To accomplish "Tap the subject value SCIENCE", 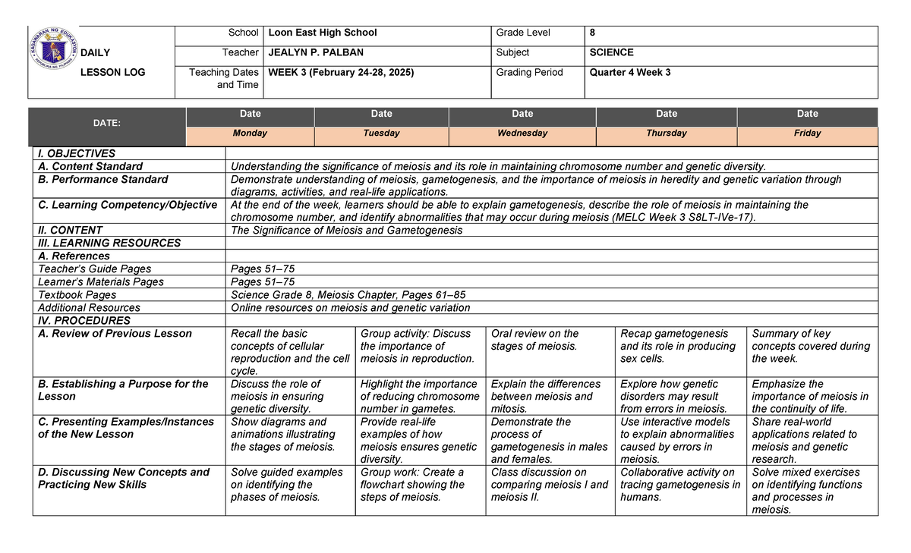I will (x=611, y=52).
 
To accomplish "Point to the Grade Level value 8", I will (x=592, y=33).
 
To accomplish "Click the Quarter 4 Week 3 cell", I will (x=630, y=73).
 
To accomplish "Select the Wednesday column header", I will (x=522, y=134).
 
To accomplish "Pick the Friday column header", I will (x=807, y=134).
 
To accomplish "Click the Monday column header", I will (x=250, y=134).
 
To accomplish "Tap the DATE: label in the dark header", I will (x=107, y=123).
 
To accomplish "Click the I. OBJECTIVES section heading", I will (x=77, y=153).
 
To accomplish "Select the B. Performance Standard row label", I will (x=103, y=180).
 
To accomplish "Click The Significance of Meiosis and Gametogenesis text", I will (x=346, y=231).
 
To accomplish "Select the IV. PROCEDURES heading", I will (x=84, y=321).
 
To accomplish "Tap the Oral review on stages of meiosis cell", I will (x=534, y=340).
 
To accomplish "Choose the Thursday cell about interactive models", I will (x=677, y=440).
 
